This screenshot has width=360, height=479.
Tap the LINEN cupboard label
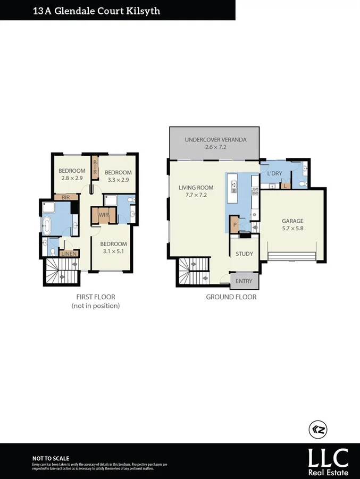[69, 254]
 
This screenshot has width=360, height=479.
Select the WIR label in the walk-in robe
[104, 216]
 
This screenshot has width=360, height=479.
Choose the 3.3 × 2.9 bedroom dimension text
[118, 180]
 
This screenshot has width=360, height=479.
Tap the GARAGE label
[292, 221]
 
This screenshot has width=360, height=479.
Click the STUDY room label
[245, 254]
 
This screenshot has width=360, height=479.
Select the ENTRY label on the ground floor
[245, 280]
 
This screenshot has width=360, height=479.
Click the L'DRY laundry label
[274, 174]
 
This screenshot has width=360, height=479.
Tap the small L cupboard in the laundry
[286, 186]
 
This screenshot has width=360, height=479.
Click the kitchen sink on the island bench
[233, 185]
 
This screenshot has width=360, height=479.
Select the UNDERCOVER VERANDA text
[215, 140]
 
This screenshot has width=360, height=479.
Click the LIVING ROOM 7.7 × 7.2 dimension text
[196, 195]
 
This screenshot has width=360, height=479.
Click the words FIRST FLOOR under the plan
[96, 297]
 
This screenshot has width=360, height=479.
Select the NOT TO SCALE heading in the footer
[51, 458]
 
